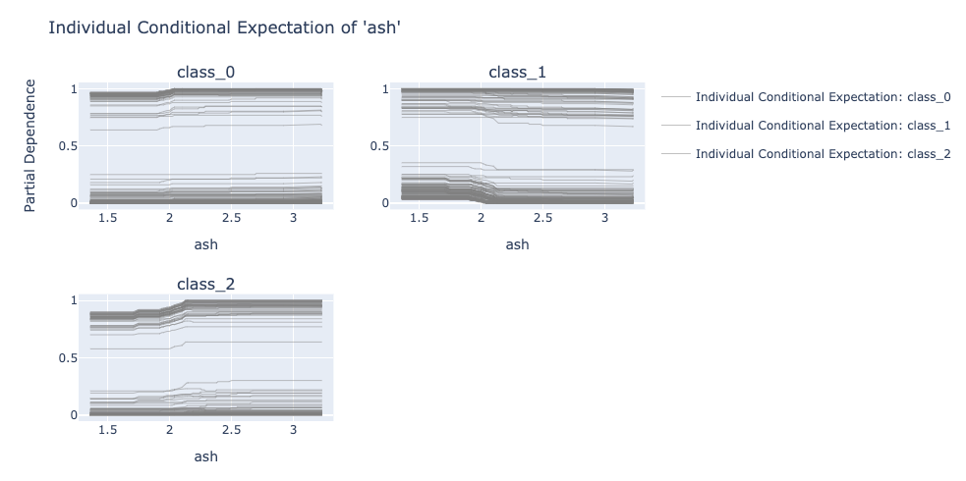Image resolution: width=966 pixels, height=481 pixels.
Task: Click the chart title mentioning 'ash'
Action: click(x=225, y=27)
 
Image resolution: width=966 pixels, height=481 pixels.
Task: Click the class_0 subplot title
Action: click(x=205, y=73)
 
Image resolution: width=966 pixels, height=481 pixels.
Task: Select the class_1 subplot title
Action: click(x=518, y=73)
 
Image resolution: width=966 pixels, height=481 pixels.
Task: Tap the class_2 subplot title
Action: click(x=205, y=284)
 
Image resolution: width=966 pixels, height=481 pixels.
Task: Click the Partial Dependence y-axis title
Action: click(x=29, y=146)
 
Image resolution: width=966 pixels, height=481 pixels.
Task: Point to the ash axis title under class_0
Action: click(x=205, y=244)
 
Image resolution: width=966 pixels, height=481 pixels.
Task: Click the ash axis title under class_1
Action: click(x=518, y=244)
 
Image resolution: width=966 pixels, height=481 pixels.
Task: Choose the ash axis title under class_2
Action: click(x=205, y=456)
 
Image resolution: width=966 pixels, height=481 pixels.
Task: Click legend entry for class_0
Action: click(x=807, y=97)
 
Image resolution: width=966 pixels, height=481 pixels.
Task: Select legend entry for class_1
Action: click(x=807, y=126)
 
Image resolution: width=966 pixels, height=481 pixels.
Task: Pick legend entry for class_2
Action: click(x=807, y=154)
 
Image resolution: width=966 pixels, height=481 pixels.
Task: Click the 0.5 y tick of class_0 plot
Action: click(x=68, y=146)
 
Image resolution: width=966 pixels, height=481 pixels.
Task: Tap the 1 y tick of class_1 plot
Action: click(x=385, y=89)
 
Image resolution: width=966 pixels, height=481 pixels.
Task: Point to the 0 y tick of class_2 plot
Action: click(x=74, y=415)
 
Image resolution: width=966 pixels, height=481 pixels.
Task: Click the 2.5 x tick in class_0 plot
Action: click(x=232, y=218)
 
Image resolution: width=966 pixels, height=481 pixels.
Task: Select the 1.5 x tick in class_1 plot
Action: click(x=420, y=218)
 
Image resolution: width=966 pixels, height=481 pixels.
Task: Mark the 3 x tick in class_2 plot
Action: click(x=293, y=430)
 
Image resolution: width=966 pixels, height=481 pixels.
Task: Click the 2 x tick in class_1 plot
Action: click(x=482, y=218)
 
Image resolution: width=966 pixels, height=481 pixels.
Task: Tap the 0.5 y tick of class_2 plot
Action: click(x=68, y=358)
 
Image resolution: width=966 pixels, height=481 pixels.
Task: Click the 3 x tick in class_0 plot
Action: click(x=293, y=218)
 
